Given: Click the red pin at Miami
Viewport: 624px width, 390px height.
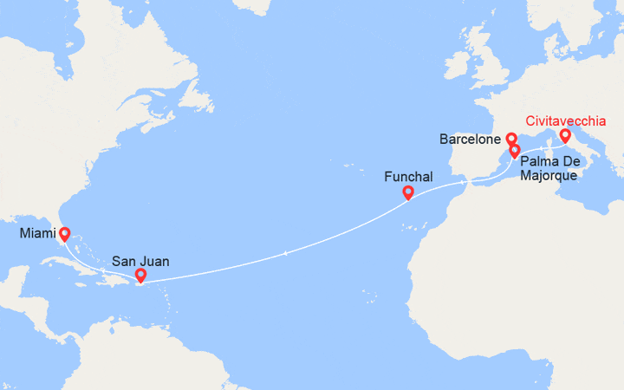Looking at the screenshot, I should (64, 234).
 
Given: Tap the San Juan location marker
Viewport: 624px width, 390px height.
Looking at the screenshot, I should (140, 276).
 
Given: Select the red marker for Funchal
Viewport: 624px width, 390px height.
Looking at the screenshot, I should (407, 193).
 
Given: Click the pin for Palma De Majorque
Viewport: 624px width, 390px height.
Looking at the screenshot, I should (515, 151).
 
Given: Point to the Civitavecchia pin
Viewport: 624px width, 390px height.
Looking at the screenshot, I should (565, 135).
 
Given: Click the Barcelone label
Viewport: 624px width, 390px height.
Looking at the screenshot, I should (470, 139).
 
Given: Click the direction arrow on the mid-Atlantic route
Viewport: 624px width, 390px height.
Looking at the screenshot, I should (285, 253).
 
